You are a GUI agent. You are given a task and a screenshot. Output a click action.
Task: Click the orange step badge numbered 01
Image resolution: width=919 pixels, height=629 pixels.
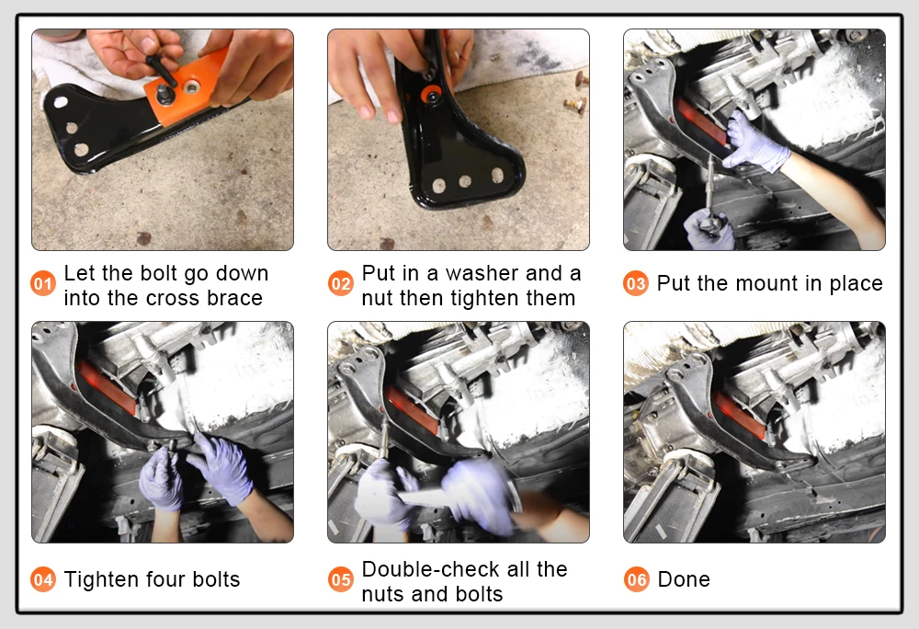pos(43,284)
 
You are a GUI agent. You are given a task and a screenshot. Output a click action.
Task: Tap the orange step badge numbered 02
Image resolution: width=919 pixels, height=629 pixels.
pos(341,284)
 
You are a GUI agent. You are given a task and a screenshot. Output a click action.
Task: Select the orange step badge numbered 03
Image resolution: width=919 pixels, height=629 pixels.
pos(636,284)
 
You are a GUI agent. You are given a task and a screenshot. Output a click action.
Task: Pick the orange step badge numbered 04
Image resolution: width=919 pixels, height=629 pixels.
pos(43,579)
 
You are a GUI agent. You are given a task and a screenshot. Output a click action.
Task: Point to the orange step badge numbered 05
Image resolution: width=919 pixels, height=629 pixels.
pos(341,579)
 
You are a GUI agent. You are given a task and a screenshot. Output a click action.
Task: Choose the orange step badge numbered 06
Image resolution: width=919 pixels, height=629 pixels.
pos(637,579)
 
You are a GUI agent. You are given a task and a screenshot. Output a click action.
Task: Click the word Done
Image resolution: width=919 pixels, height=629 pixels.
pos(684,579)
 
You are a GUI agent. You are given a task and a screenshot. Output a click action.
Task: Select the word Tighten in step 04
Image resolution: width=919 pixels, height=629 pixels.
pos(101,579)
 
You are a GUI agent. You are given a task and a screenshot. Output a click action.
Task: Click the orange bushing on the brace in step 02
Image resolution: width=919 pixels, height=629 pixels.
pos(433,96)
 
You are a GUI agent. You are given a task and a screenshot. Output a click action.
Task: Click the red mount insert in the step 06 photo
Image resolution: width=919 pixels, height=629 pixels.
pos(741,415)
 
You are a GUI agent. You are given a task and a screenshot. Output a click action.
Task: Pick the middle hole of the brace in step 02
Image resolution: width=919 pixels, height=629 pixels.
pos(465,181)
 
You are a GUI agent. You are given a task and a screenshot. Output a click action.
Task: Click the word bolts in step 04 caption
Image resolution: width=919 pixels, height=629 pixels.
pos(216,579)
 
